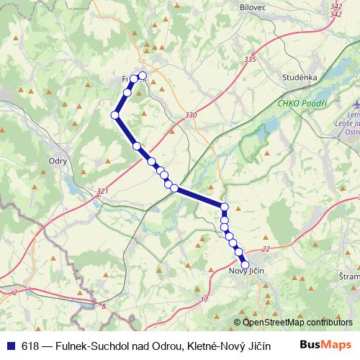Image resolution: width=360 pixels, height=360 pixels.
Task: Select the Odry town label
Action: point(56,161)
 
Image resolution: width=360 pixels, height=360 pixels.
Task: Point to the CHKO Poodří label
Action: point(302,103)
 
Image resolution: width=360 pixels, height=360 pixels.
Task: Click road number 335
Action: point(250,59)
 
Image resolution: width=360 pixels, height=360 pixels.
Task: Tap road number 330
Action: point(191,115)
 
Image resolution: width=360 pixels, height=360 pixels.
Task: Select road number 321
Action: point(102,192)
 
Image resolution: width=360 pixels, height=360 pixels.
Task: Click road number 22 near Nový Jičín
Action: point(266,248)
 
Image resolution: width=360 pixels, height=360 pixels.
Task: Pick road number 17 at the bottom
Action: point(204,299)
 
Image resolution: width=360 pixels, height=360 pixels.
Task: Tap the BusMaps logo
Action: point(329,345)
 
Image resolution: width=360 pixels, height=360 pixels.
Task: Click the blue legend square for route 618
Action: point(11,346)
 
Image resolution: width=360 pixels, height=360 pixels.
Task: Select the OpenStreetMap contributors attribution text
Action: point(297,323)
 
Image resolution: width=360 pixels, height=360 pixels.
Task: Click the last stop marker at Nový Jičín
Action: point(245,264)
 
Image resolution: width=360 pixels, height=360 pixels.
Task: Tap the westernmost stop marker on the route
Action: point(114,115)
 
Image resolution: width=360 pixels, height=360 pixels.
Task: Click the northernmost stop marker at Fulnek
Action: point(143,76)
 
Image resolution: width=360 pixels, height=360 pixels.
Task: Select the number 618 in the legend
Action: point(31,346)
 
